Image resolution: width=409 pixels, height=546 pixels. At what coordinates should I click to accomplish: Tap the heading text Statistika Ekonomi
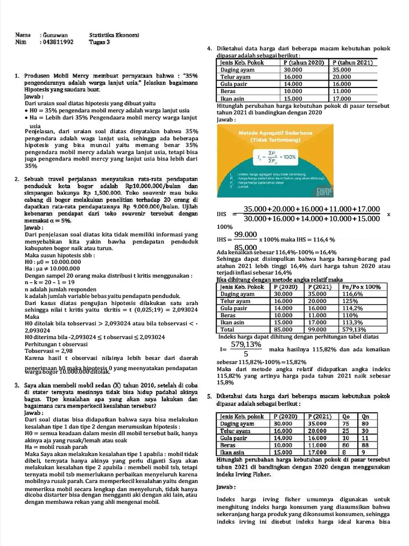click(x=114, y=35)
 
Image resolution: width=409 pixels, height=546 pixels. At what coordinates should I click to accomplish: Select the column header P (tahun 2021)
click(x=353, y=62)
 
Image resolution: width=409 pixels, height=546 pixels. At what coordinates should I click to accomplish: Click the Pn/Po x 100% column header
click(x=360, y=286)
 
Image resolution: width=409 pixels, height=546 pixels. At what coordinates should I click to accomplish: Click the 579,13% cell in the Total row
click(x=353, y=330)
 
